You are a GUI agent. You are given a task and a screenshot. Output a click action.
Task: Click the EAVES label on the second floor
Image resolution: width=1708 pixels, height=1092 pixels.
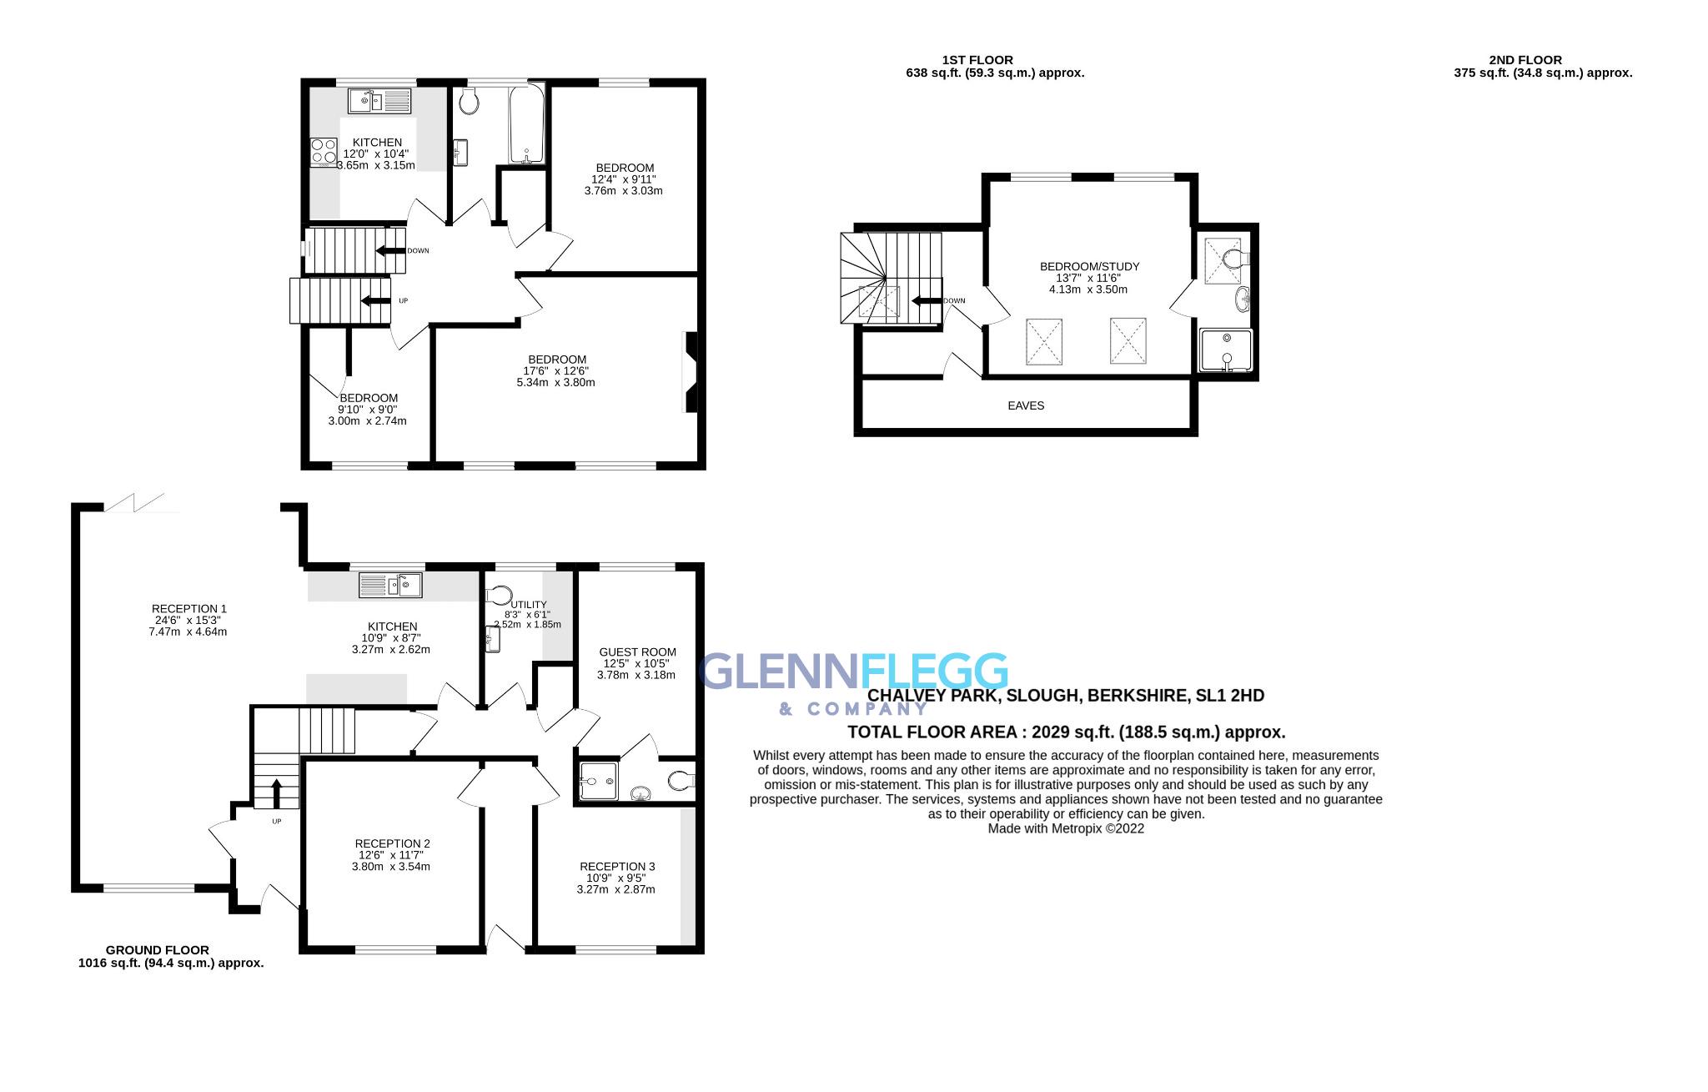click(x=1025, y=405)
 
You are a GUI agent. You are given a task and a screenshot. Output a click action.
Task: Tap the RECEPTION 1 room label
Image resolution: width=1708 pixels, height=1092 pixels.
click(x=189, y=609)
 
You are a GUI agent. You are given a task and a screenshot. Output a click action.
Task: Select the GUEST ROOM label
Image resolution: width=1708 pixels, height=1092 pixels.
click(x=637, y=652)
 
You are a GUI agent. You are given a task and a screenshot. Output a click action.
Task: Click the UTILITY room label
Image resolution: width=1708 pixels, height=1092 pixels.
click(x=529, y=605)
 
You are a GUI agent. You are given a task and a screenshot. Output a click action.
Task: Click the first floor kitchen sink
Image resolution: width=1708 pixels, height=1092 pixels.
click(x=379, y=102)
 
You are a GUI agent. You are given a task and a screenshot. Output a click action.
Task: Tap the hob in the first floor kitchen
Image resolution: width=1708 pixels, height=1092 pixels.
click(x=323, y=152)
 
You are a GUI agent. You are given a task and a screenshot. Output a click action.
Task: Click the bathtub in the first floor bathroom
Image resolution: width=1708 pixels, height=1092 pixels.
click(x=526, y=125)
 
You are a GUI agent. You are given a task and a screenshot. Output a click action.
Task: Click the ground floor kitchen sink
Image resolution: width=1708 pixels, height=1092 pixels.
click(x=390, y=585)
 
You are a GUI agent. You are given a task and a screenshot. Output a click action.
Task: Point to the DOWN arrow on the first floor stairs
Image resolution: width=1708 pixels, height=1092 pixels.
click(x=389, y=251)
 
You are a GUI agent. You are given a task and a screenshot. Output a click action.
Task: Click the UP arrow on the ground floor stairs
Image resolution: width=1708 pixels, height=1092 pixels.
click(x=277, y=790)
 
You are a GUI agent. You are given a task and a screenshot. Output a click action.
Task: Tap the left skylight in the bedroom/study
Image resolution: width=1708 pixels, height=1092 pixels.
click(x=1043, y=341)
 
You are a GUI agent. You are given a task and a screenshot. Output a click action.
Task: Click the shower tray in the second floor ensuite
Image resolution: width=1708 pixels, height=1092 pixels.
click(x=1225, y=350)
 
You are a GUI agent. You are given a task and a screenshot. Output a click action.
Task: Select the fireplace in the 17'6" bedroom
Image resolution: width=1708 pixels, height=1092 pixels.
click(x=691, y=372)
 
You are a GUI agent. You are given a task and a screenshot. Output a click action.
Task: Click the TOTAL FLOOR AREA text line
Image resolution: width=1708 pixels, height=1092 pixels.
click(x=1066, y=732)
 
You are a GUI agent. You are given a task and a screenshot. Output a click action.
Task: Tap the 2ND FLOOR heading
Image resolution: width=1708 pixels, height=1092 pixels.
click(x=1525, y=60)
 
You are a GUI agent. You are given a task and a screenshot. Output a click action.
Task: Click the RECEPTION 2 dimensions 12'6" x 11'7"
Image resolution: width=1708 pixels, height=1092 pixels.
click(x=392, y=855)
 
